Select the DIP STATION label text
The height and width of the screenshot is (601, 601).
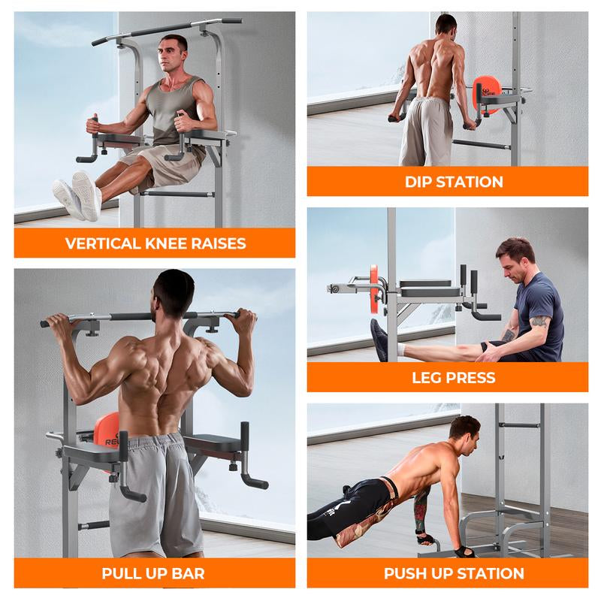pos(454,182)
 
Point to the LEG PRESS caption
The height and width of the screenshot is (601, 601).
pos(454,378)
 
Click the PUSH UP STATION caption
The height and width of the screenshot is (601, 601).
pos(454,574)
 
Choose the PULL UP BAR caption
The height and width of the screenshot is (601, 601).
pos(153,574)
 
